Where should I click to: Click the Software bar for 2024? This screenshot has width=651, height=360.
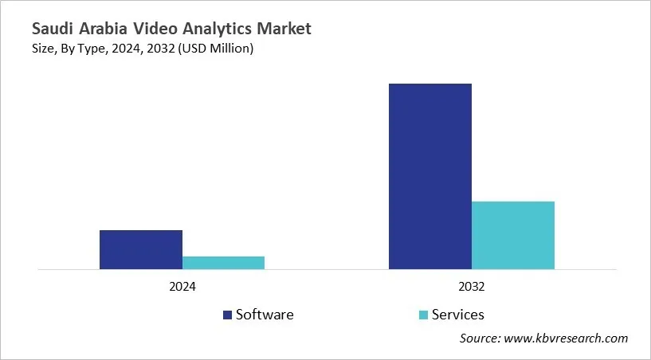(x=141, y=249)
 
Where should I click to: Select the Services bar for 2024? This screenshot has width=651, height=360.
(x=224, y=263)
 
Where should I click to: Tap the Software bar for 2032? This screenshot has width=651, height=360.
(x=430, y=176)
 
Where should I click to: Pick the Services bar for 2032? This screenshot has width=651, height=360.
(x=513, y=235)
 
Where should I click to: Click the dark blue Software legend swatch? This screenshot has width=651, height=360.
(x=227, y=315)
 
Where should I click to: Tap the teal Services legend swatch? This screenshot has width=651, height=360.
(x=423, y=315)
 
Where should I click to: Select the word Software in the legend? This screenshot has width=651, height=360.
(x=265, y=315)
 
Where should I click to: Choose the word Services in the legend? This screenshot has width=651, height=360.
(x=458, y=315)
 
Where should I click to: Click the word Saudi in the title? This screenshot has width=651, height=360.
(x=53, y=29)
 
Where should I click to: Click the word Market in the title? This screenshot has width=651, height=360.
(x=285, y=29)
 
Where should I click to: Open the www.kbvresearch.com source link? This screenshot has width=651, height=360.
(x=567, y=338)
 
